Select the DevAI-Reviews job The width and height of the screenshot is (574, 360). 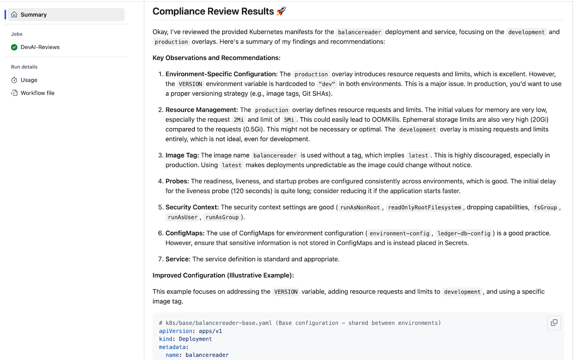pyautogui.click(x=40, y=47)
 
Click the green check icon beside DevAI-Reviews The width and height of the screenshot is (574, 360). pyautogui.click(x=14, y=47)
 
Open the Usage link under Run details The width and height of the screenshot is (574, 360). pyautogui.click(x=29, y=80)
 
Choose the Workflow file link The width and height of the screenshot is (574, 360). pyautogui.click(x=37, y=93)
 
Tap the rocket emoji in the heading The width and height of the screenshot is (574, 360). pyautogui.click(x=281, y=11)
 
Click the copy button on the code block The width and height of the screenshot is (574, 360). pyautogui.click(x=554, y=323)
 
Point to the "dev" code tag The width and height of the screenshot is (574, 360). pyautogui.click(x=326, y=84)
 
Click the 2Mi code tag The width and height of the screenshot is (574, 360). pyautogui.click(x=239, y=120)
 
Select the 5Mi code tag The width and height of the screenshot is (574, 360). pyautogui.click(x=289, y=120)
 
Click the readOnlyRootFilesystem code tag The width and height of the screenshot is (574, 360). pyautogui.click(x=424, y=207)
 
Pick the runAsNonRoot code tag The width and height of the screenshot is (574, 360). pyautogui.click(x=360, y=207)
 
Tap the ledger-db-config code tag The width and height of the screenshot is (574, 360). pyautogui.click(x=464, y=234)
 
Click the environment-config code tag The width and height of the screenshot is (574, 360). pyautogui.click(x=399, y=234)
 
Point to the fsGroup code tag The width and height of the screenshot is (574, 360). pyautogui.click(x=545, y=207)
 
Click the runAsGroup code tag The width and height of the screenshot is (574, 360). pyautogui.click(x=222, y=217)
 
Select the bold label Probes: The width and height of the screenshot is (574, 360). pyautogui.click(x=177, y=181)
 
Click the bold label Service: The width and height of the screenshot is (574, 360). pyautogui.click(x=178, y=259)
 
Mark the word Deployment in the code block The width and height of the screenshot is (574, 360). pyautogui.click(x=195, y=339)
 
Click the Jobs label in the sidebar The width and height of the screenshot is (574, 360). pyautogui.click(x=17, y=34)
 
